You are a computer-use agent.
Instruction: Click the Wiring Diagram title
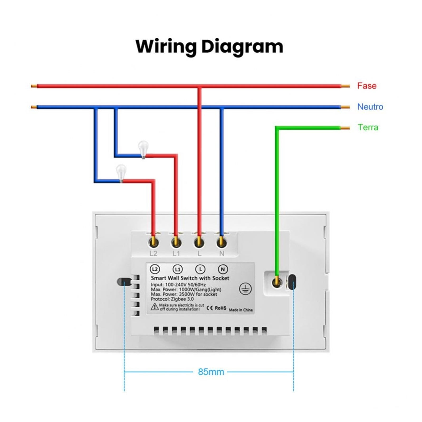click(209, 47)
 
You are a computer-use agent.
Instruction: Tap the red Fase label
click(367, 86)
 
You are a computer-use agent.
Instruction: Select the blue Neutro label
click(370, 107)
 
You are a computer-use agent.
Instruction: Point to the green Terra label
click(368, 127)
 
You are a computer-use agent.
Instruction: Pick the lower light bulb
click(121, 173)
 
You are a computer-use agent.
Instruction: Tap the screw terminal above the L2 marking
click(154, 242)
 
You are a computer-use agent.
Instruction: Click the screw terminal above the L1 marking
click(176, 242)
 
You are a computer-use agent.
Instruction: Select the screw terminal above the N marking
click(222, 242)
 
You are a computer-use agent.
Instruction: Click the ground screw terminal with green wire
click(277, 282)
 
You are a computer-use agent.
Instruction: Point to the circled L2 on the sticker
click(155, 269)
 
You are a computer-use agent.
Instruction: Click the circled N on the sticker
click(223, 269)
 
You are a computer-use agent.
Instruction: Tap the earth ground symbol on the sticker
click(245, 289)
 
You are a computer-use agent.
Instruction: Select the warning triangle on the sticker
click(155, 307)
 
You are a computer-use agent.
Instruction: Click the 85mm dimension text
click(211, 372)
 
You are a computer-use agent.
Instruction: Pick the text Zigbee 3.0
click(182, 299)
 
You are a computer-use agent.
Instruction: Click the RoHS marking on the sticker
click(220, 308)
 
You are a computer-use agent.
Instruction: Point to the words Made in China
click(241, 310)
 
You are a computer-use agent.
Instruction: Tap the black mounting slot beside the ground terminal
click(292, 282)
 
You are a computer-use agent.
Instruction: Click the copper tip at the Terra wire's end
click(345, 128)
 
